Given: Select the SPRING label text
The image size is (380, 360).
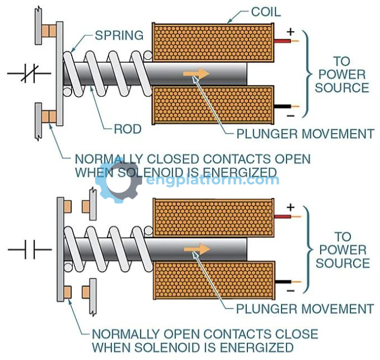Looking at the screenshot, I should [x=119, y=36].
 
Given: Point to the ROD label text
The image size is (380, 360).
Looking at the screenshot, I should [x=128, y=130].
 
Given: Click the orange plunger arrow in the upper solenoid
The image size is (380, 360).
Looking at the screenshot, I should [x=196, y=73].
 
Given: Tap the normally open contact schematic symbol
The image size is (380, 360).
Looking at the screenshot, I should [x=30, y=250].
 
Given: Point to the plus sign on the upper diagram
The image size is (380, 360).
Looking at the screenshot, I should [x=290, y=31].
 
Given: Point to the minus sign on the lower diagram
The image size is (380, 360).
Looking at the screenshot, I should [x=290, y=291].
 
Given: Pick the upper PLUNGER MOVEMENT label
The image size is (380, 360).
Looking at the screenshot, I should [x=304, y=134].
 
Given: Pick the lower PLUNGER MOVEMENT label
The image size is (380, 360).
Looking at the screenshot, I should [x=304, y=309].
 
